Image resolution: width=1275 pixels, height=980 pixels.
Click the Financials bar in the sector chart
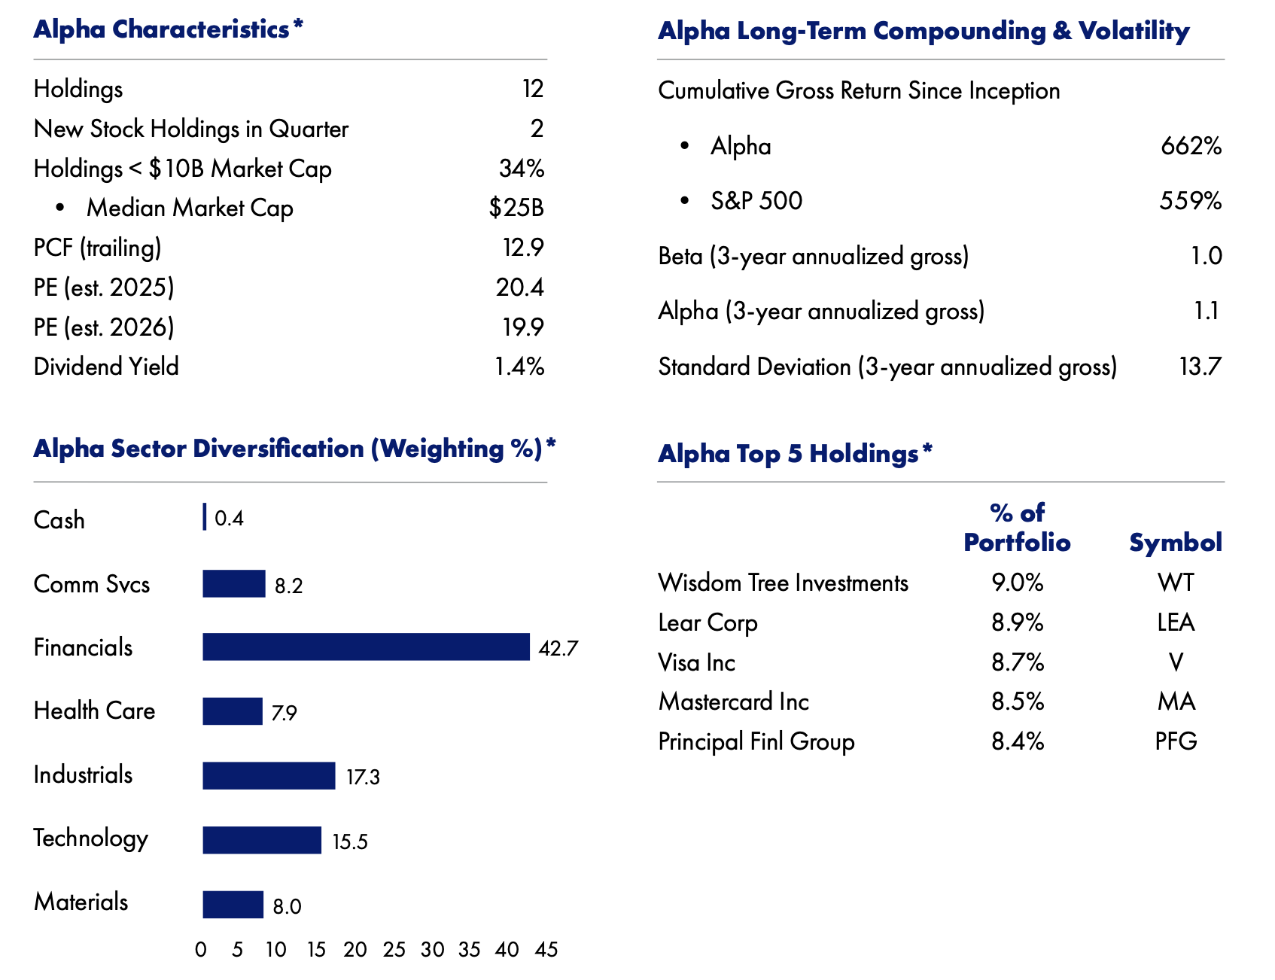pyautogui.click(x=366, y=647)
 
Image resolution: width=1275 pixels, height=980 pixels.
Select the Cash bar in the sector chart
pyautogui.click(x=205, y=518)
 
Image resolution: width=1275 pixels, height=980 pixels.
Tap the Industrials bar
pyautogui.click(x=269, y=776)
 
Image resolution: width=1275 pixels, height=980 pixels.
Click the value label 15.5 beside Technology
pyautogui.click(x=350, y=842)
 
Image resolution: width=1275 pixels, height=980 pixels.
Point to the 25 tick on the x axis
pyautogui.click(x=394, y=950)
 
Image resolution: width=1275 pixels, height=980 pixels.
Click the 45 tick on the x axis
pyautogui.click(x=546, y=950)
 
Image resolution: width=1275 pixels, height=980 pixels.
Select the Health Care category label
pyautogui.click(x=94, y=711)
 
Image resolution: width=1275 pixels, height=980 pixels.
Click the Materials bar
pyautogui.click(x=233, y=905)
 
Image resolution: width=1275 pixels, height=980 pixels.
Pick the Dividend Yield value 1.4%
pyautogui.click(x=519, y=367)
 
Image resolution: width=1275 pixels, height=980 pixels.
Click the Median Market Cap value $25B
pyautogui.click(x=516, y=208)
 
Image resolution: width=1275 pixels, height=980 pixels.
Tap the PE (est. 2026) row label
pyautogui.click(x=104, y=327)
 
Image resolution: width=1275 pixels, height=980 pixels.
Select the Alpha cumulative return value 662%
pyautogui.click(x=1191, y=146)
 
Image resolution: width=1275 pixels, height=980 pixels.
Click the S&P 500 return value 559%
pyautogui.click(x=1190, y=201)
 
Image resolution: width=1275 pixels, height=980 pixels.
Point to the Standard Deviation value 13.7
pyautogui.click(x=1200, y=367)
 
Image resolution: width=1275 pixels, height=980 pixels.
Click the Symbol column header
pyautogui.click(x=1175, y=543)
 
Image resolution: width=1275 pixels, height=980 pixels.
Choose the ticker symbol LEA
pyautogui.click(x=1176, y=622)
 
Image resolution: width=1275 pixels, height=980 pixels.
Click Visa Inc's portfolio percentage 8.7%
pyautogui.click(x=1018, y=662)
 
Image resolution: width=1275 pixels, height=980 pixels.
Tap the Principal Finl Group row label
pyautogui.click(x=756, y=741)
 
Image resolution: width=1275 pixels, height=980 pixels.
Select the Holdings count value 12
pyautogui.click(x=532, y=89)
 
